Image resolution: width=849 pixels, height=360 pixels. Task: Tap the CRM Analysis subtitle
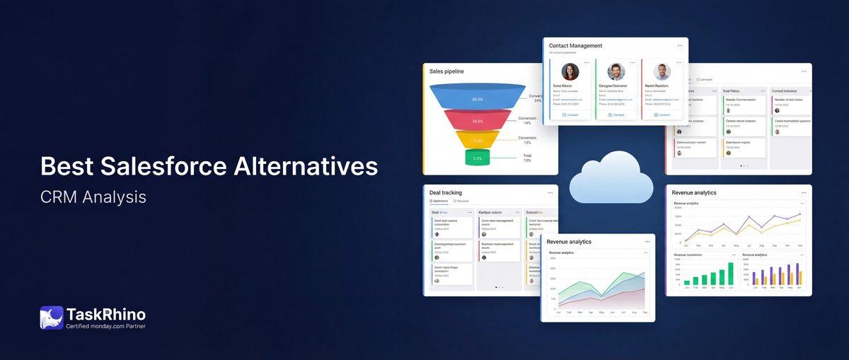(93, 197)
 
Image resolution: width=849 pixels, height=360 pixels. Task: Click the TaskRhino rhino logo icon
(52, 318)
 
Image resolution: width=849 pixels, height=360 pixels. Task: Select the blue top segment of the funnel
(478, 99)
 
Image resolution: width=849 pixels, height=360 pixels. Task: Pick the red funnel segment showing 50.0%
(478, 121)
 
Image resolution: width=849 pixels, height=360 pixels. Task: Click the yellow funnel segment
(478, 140)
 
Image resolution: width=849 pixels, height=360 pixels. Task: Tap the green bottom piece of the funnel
(478, 158)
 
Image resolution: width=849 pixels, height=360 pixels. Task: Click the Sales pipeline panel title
(446, 71)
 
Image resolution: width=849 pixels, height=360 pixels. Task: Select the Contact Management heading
(575, 46)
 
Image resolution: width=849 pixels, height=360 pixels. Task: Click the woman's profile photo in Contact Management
(570, 71)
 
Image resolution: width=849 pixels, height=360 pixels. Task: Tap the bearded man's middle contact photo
(616, 71)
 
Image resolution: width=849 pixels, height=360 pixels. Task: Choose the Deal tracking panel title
(446, 192)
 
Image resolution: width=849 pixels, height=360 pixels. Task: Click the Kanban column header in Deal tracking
(490, 212)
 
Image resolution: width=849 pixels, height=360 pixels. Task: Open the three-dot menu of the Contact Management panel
(680, 45)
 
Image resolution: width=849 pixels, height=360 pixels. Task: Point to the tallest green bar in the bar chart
(731, 273)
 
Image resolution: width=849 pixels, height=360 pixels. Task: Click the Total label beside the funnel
(527, 156)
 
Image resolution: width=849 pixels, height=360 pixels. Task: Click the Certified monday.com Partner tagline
(105, 326)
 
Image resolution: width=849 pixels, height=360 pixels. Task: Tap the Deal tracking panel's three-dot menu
(550, 192)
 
